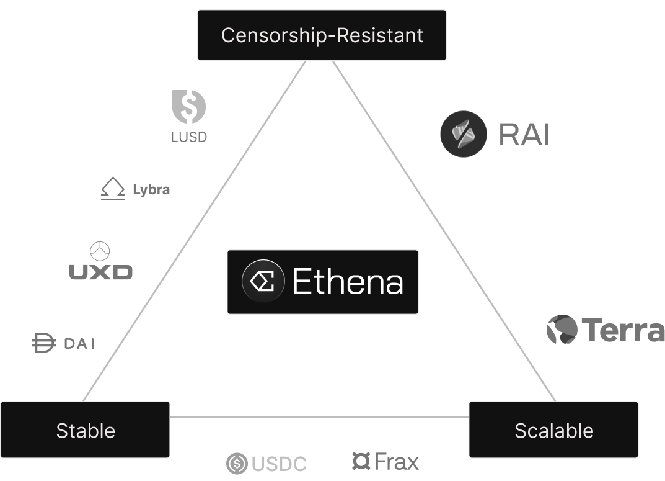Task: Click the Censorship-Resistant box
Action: click(322, 35)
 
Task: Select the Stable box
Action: click(85, 430)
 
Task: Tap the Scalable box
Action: click(553, 430)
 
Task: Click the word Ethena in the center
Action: click(348, 282)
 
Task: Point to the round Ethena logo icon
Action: click(263, 282)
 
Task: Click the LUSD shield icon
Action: click(188, 106)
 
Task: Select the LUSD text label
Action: click(189, 137)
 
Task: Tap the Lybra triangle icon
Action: click(112, 189)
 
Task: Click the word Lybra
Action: click(151, 189)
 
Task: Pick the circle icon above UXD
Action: click(100, 251)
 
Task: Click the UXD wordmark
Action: click(100, 272)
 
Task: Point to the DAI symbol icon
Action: click(43, 343)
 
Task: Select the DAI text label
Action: click(79, 343)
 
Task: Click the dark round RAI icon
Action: click(464, 133)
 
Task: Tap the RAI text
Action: click(524, 134)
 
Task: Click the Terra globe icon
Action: click(562, 329)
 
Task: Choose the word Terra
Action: click(622, 330)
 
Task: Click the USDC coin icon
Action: click(237, 463)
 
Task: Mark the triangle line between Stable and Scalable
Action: click(319, 416)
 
